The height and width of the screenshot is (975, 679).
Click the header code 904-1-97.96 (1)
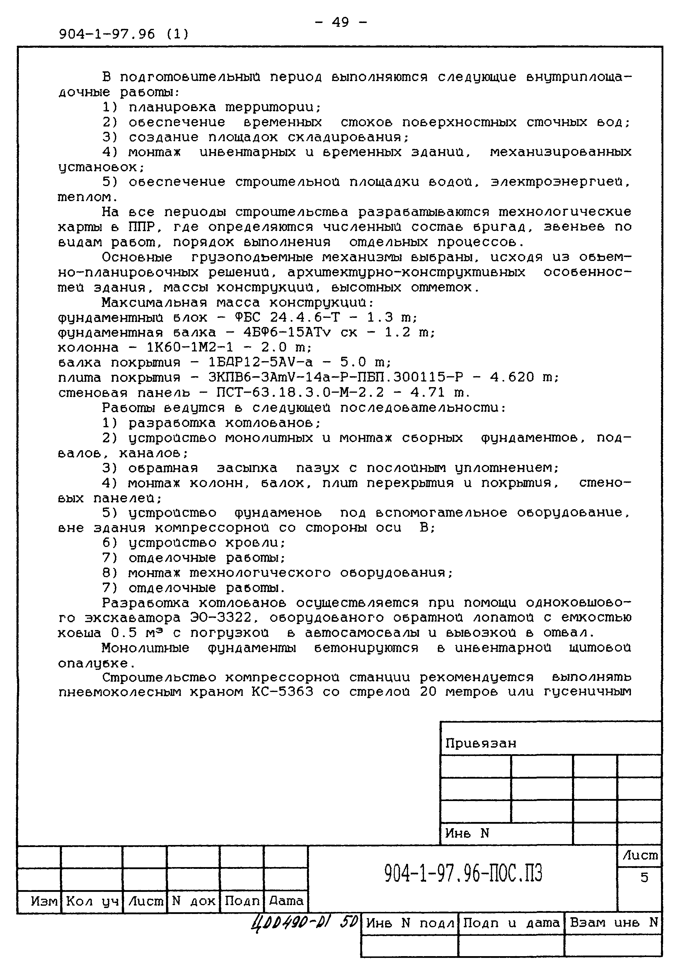pyautogui.click(x=124, y=34)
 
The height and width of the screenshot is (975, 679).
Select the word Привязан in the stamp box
pyautogui.click(x=480, y=743)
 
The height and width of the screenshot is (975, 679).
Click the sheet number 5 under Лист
pyautogui.click(x=644, y=877)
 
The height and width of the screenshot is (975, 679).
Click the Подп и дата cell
pyautogui.click(x=511, y=923)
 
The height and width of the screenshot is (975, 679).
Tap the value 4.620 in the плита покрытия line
pyautogui.click(x=512, y=377)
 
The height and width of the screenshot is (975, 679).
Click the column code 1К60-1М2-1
pyautogui.click(x=190, y=347)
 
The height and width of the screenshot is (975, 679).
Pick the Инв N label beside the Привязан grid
pyautogui.click(x=467, y=833)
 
